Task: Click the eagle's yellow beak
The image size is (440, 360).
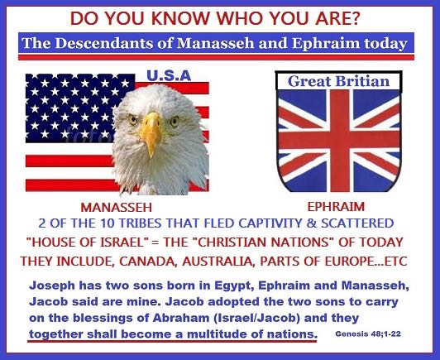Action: click(151, 132)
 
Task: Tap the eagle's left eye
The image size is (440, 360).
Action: click(133, 120)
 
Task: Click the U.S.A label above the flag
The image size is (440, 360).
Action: click(169, 76)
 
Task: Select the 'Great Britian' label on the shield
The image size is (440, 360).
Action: click(339, 81)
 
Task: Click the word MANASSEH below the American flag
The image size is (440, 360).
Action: click(116, 208)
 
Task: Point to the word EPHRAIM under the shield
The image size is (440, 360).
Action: click(336, 207)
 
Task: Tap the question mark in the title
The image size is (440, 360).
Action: click(355, 18)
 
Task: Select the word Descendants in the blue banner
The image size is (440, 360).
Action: click(114, 43)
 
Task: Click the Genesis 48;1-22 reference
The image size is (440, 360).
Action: click(368, 334)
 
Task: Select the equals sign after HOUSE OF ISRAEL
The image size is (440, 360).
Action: click(155, 242)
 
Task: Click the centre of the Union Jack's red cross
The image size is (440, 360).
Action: click(340, 139)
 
